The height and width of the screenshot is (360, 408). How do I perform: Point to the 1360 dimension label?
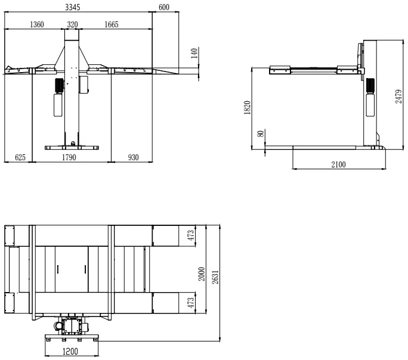[x=36, y=24]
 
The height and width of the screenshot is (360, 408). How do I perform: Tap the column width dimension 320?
[x=73, y=24]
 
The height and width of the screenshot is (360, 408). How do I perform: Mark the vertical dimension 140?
[x=193, y=54]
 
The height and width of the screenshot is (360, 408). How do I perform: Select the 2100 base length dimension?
[x=338, y=164]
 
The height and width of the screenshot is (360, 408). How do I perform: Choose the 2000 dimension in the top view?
[x=202, y=275]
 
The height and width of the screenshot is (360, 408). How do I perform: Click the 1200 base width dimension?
[x=70, y=352]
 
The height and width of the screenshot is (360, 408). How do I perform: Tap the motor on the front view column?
[x=59, y=85]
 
